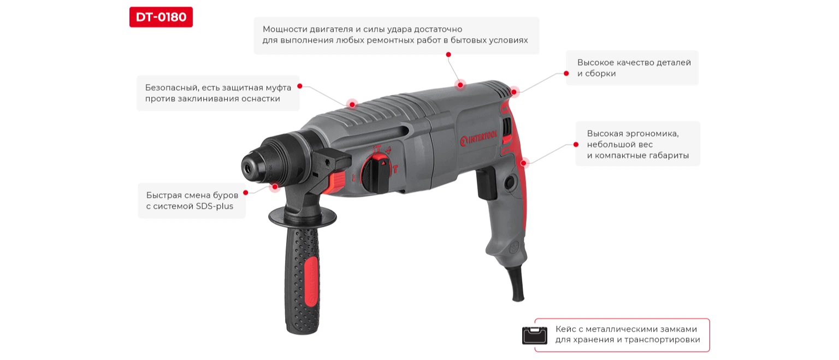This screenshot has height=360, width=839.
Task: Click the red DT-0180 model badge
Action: tap(161, 17)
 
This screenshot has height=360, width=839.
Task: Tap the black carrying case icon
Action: tap(535, 335)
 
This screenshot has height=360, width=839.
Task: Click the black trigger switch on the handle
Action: tap(486, 184)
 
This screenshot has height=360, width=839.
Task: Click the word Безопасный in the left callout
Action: tap(172, 87)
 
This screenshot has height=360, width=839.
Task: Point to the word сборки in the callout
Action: tap(600, 73)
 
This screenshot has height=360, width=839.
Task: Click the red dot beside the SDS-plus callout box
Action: tap(246, 192)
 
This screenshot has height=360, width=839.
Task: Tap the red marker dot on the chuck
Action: tap(275, 187)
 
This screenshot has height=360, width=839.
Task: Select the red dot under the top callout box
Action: tap(448, 55)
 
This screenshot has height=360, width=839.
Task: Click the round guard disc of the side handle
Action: tap(303, 216)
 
